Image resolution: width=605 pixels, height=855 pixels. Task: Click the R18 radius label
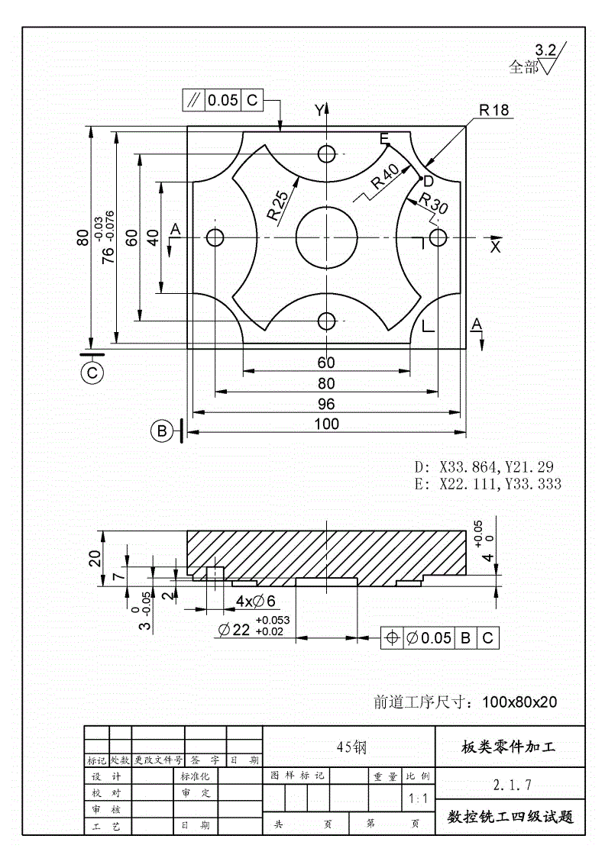(x=494, y=111)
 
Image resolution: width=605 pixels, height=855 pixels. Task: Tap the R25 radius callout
(x=278, y=205)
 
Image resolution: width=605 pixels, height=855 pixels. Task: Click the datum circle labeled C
(x=92, y=373)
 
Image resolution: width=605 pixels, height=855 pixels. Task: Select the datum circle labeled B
(x=162, y=431)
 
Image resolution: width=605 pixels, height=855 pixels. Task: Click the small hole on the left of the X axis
(x=215, y=237)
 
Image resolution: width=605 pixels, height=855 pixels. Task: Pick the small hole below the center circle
(x=327, y=320)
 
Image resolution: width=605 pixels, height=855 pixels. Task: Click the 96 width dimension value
(x=327, y=404)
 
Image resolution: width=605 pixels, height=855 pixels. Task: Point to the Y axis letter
(x=319, y=111)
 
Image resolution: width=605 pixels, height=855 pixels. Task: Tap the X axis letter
(x=495, y=247)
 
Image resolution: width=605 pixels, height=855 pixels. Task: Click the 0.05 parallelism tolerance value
(x=223, y=100)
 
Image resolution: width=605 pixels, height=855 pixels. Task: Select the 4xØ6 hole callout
(x=255, y=602)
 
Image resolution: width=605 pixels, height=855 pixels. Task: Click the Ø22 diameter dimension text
(x=235, y=630)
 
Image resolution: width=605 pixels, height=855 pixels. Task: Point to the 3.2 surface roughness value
(x=545, y=50)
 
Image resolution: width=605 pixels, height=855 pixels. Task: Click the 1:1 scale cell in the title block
(x=418, y=799)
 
